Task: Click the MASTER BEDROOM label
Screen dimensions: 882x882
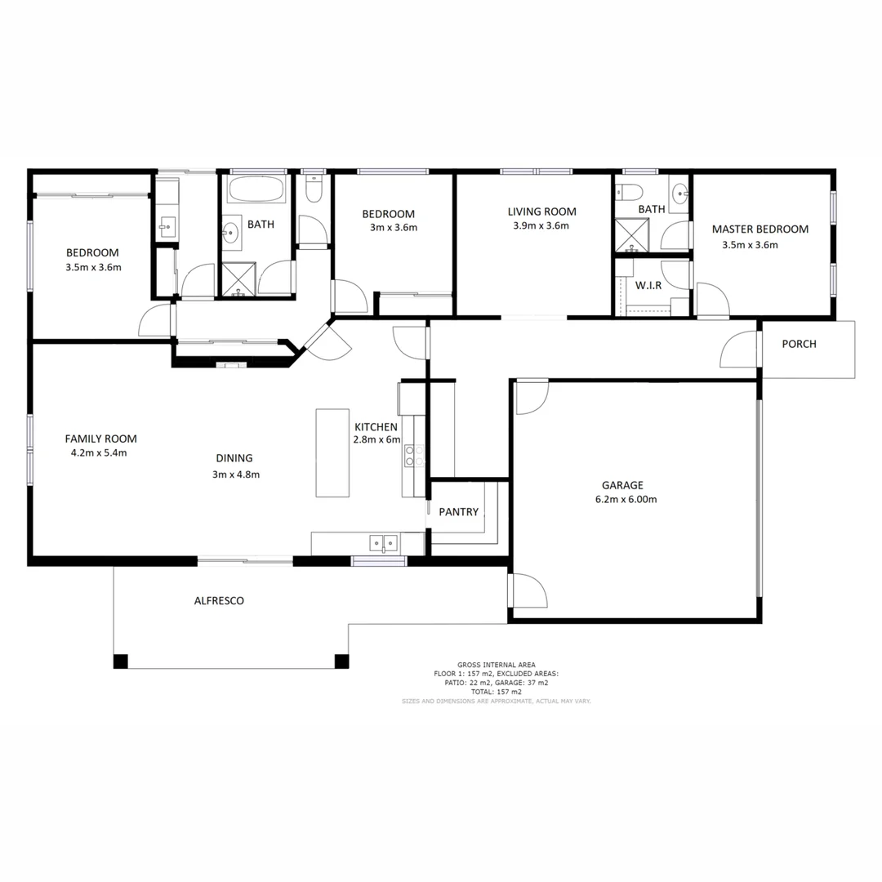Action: click(x=759, y=229)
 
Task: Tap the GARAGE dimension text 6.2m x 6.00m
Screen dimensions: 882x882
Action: click(x=624, y=500)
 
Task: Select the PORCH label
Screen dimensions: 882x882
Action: click(x=799, y=344)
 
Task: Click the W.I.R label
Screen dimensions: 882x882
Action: click(x=648, y=286)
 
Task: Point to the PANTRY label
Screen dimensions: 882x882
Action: click(x=458, y=512)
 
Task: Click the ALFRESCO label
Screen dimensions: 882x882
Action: click(x=219, y=601)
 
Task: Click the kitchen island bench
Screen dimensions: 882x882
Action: click(x=332, y=452)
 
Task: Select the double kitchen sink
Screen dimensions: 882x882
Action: click(x=383, y=542)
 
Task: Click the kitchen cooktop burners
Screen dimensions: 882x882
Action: click(x=414, y=456)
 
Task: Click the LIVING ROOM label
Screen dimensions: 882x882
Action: click(x=541, y=212)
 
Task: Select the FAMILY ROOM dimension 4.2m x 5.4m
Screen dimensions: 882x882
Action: click(x=99, y=452)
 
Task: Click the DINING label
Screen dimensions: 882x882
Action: click(x=234, y=458)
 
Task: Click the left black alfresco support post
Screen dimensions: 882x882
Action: click(x=121, y=661)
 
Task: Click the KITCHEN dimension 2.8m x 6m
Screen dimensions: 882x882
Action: click(x=377, y=439)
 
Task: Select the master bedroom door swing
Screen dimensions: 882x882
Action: click(x=711, y=300)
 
